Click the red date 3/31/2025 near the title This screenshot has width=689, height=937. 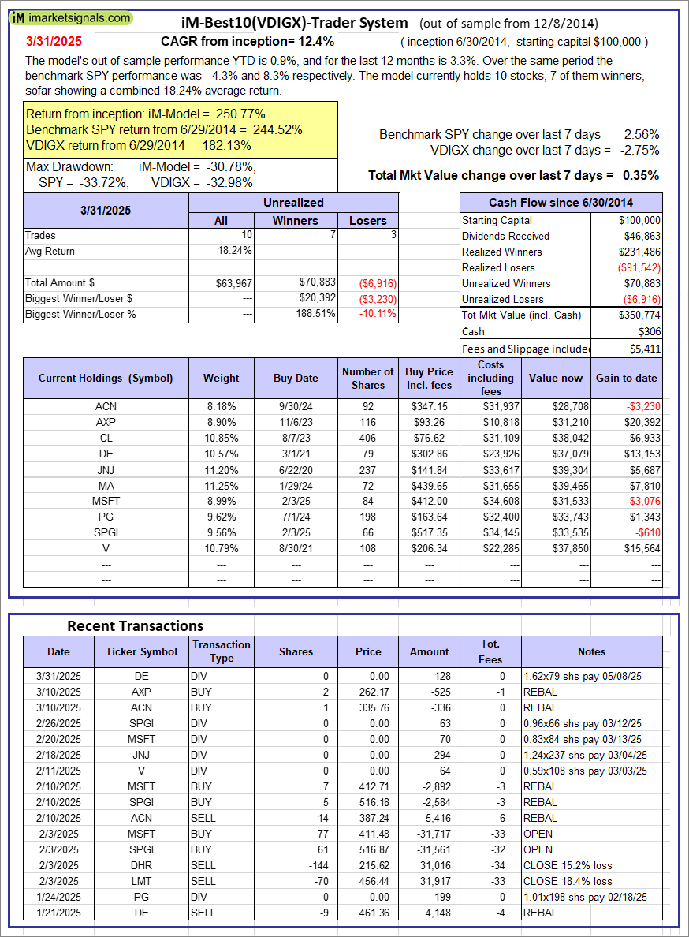point(52,40)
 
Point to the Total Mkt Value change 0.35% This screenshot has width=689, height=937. point(642,175)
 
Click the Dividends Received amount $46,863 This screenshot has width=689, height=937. point(641,236)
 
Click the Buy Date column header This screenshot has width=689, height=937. point(296,378)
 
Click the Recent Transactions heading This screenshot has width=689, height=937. point(135,625)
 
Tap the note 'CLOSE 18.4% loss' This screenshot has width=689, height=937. point(568,881)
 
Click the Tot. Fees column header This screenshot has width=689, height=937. point(490,651)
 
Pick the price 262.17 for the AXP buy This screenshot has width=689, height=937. point(368,692)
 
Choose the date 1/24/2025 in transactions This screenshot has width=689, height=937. point(58,897)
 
